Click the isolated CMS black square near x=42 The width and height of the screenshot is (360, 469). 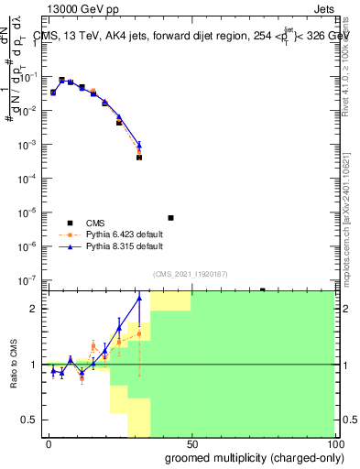click(171, 218)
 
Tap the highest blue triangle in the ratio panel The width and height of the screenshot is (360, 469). click(139, 297)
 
